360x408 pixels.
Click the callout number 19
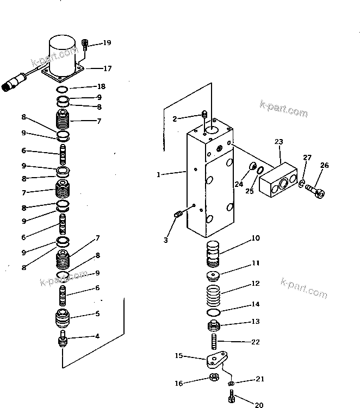click(x=107, y=42)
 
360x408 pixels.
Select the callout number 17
click(x=107, y=68)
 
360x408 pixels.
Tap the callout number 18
click(x=101, y=86)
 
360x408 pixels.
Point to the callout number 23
click(x=278, y=142)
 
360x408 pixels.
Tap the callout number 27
click(x=307, y=158)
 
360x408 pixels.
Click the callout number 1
click(x=158, y=174)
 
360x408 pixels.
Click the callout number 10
click(x=256, y=238)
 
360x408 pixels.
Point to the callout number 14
click(x=255, y=304)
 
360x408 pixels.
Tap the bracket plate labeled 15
click(x=216, y=361)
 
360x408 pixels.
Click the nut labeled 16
click(x=214, y=379)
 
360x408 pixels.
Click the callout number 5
click(x=97, y=313)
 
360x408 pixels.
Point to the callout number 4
click(x=97, y=336)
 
